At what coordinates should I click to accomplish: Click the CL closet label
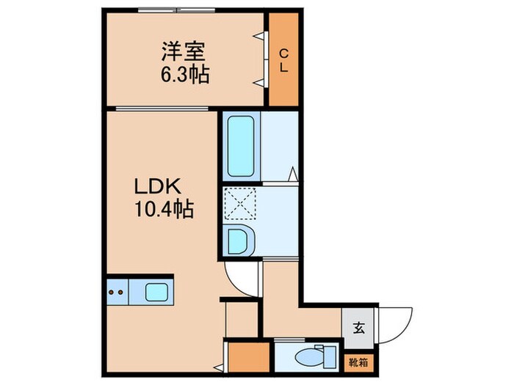pyautogui.click(x=283, y=59)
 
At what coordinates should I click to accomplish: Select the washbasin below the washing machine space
pyautogui.click(x=239, y=240)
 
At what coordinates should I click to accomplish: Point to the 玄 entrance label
pyautogui.click(x=359, y=327)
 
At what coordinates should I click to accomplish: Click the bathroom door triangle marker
pyautogui.click(x=293, y=174)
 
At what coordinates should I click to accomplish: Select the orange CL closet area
pyautogui.click(x=283, y=81)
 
